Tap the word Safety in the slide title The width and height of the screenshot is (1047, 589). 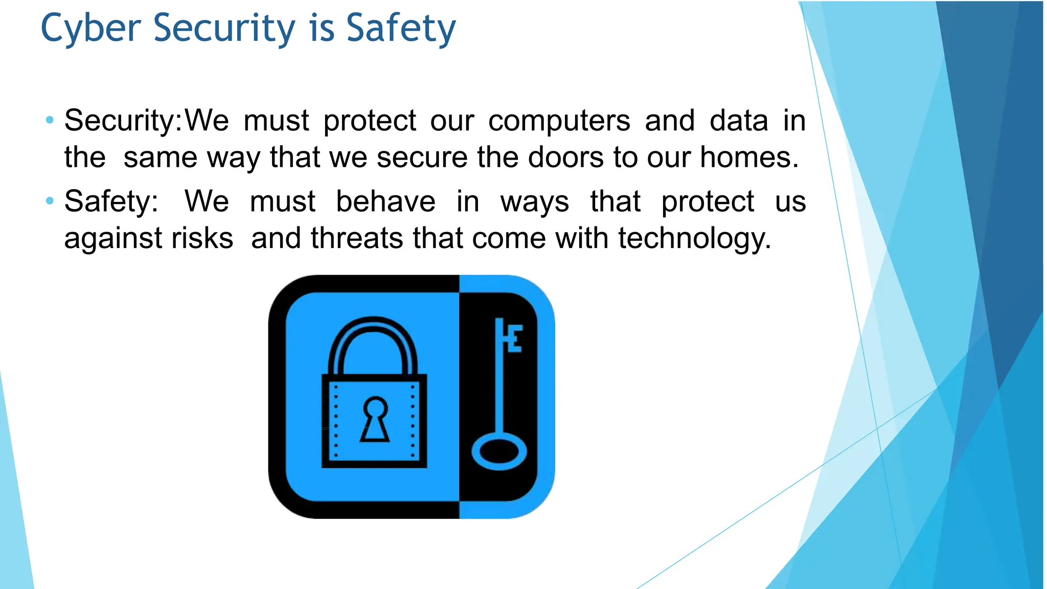(x=401, y=29)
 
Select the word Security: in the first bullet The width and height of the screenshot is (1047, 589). (x=123, y=121)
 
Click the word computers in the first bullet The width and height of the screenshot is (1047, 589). (x=559, y=121)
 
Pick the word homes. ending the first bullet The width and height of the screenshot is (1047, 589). (x=749, y=157)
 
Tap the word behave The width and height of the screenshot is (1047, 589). (x=385, y=201)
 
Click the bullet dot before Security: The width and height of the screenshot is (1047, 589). (x=50, y=121)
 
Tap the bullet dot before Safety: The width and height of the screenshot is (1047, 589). (x=50, y=201)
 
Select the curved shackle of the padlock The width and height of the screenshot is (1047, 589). (x=373, y=332)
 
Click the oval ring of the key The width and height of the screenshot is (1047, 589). (x=498, y=451)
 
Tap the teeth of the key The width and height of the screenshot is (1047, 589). (x=514, y=338)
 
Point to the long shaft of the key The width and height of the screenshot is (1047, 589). (x=499, y=389)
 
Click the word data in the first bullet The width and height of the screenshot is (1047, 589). (x=739, y=121)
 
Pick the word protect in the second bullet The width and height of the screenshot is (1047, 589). (x=708, y=201)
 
